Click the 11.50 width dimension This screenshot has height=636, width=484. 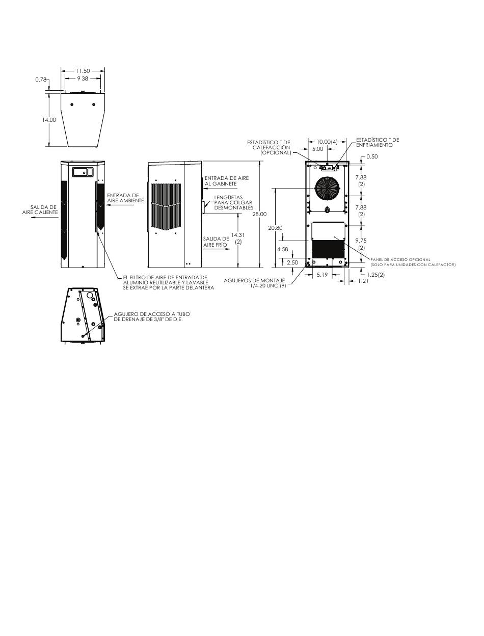[x=83, y=71]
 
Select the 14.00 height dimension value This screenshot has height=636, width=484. [x=49, y=120]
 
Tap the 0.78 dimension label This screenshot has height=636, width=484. [x=41, y=79]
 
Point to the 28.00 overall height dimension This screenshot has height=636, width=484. [x=259, y=214]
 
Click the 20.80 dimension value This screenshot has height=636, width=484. [x=275, y=228]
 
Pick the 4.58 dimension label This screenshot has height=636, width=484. [x=282, y=249]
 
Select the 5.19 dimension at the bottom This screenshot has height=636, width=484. [x=322, y=275]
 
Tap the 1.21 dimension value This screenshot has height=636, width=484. [x=363, y=280]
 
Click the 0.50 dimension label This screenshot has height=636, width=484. [x=372, y=156]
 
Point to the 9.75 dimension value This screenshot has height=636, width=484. [x=361, y=241]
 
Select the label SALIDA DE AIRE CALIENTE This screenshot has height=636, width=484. [x=40, y=209]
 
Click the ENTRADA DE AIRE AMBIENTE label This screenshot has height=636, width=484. [x=125, y=198]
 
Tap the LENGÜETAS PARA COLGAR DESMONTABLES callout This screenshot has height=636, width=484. [x=233, y=202]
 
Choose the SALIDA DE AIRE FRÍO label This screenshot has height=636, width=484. [x=216, y=242]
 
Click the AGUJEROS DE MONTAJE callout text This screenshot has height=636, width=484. [x=255, y=283]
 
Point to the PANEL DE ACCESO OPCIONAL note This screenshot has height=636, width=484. [x=413, y=262]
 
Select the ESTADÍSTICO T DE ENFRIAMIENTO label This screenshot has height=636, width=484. [x=378, y=142]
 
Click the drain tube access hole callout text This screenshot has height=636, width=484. [x=152, y=316]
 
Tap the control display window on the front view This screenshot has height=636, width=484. [x=83, y=172]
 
